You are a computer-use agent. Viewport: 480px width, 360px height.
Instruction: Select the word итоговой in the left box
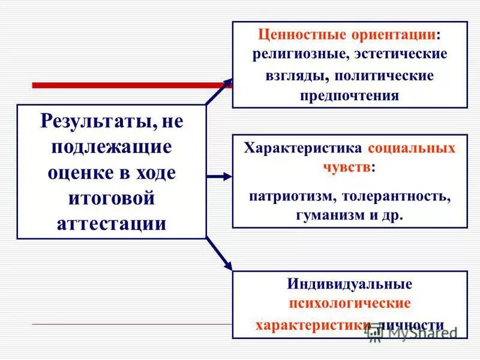(111, 198)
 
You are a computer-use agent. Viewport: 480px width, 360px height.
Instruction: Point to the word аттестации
(111, 223)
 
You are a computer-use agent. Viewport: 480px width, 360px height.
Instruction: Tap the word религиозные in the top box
(298, 54)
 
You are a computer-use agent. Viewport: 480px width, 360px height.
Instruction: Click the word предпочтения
(350, 96)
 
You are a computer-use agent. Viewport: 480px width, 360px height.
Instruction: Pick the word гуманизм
(329, 215)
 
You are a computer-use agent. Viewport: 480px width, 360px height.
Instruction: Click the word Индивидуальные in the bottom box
(350, 284)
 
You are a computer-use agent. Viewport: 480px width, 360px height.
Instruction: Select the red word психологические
(350, 304)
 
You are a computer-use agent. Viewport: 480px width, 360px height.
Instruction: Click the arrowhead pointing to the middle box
(227, 176)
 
